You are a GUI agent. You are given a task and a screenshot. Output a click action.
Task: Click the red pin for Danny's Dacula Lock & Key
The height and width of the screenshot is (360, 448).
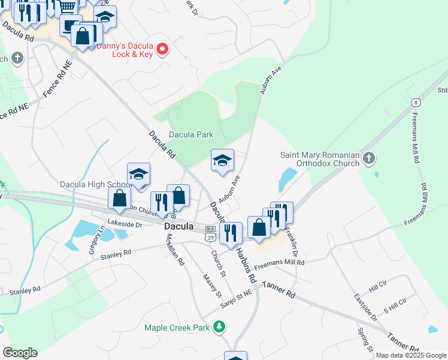[x=162, y=48]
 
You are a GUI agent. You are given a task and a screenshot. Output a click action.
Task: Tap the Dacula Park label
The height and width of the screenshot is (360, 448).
[x=191, y=134]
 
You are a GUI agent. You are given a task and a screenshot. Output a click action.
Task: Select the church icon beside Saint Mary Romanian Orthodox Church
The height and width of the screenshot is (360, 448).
[x=369, y=158]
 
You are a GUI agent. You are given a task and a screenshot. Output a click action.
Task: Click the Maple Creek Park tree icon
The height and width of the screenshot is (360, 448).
[x=220, y=327]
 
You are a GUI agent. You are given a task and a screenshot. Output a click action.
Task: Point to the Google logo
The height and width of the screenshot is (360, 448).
[x=20, y=353]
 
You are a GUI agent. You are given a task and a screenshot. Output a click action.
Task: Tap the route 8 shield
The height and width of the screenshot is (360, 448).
[x=415, y=102]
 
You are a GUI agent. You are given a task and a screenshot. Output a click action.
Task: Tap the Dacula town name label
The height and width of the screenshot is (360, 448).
[x=179, y=227]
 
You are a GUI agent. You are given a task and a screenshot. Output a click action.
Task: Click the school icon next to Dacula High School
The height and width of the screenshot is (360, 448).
[x=138, y=174]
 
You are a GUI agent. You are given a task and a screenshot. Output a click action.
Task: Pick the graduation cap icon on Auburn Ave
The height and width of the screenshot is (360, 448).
[x=222, y=160]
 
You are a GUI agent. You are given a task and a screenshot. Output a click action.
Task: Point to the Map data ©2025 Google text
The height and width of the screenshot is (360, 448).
[x=411, y=355]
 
